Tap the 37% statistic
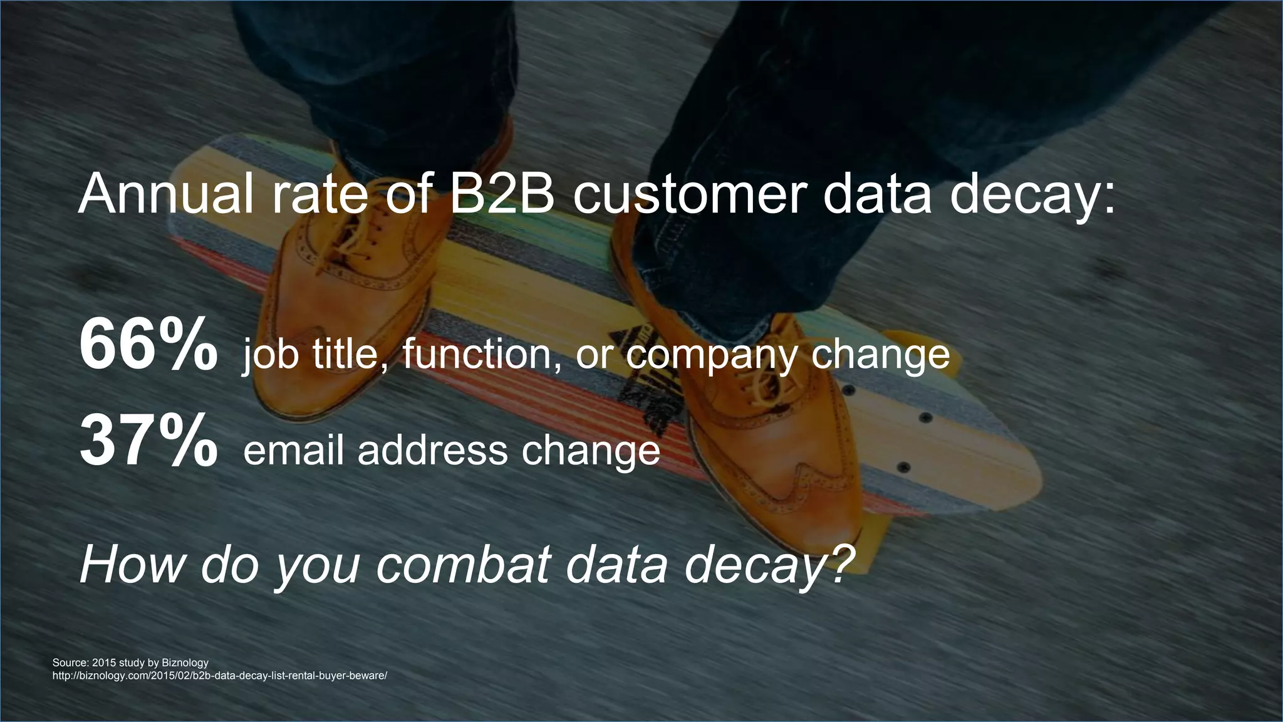click(x=148, y=443)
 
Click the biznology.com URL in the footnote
click(x=220, y=676)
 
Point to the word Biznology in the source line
click(x=185, y=662)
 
